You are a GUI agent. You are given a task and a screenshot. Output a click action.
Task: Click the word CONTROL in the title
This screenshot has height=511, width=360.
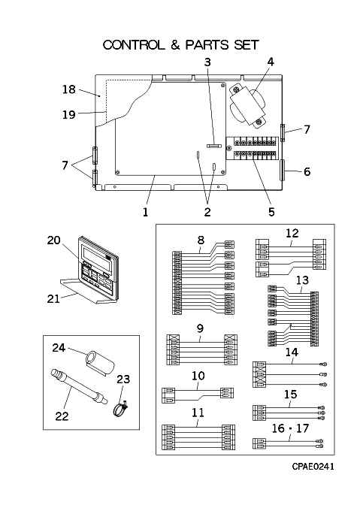point(134,45)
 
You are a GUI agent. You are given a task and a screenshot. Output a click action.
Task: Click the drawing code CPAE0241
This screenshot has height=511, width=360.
point(313,467)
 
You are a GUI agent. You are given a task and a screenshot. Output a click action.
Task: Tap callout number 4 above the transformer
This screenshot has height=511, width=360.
point(271,62)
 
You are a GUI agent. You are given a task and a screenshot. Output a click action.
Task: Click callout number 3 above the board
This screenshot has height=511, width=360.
point(207,62)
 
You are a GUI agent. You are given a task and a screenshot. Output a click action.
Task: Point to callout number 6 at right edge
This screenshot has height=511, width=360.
point(307,171)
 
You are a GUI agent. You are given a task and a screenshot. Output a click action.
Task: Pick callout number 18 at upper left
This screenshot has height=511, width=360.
point(68,89)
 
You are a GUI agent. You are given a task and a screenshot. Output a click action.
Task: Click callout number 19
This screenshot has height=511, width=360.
point(68,114)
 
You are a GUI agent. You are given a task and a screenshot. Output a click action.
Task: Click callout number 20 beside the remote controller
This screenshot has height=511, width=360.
point(53,240)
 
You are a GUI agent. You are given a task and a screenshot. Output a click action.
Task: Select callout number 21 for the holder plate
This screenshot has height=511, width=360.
point(53,298)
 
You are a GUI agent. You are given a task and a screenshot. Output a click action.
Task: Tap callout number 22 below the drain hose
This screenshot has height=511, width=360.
point(62,416)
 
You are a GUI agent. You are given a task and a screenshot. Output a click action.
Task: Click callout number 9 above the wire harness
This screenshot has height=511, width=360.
point(200,328)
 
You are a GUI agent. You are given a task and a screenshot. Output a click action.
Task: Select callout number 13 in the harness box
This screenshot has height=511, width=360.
point(302,280)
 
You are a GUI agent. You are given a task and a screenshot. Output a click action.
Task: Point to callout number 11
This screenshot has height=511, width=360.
point(198,413)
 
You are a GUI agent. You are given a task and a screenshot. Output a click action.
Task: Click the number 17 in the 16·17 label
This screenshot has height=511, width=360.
point(302,428)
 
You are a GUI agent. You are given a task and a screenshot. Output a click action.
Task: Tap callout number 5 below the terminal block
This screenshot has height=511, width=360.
point(271,212)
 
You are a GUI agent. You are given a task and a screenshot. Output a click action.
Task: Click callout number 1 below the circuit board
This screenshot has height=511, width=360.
point(145,212)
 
